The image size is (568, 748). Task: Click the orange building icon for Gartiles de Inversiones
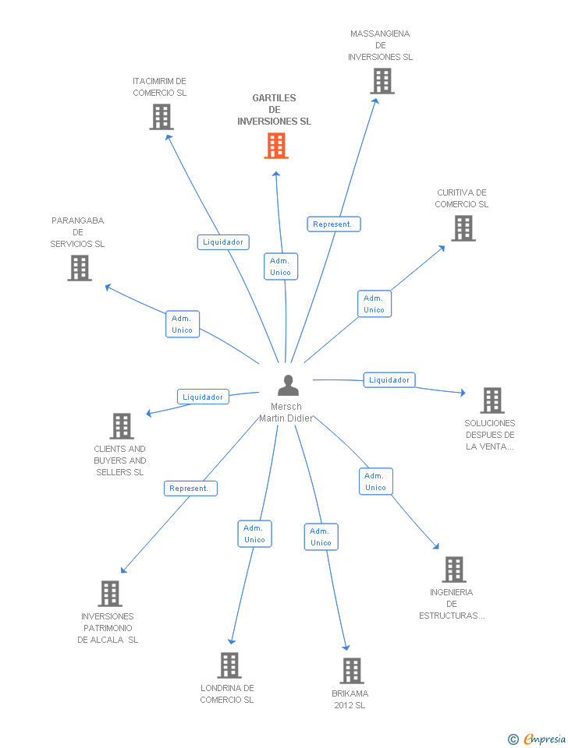(x=276, y=146)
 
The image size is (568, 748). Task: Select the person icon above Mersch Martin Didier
(x=288, y=386)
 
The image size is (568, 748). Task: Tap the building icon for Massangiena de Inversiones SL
(x=382, y=81)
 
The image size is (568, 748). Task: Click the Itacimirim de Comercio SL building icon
(x=161, y=117)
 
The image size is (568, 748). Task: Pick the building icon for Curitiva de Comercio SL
(x=463, y=228)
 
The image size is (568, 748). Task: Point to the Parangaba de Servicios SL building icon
(x=79, y=268)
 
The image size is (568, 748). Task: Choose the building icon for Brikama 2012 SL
(x=352, y=671)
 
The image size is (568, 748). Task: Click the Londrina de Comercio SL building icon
(x=229, y=665)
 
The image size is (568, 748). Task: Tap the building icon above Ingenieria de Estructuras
(x=453, y=570)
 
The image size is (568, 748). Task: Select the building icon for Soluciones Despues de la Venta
(x=492, y=400)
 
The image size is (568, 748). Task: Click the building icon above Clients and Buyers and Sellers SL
(x=122, y=426)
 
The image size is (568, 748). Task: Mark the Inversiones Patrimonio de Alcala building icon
(x=110, y=594)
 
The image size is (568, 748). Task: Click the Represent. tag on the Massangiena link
(x=333, y=224)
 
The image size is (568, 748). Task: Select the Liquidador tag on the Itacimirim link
(x=223, y=242)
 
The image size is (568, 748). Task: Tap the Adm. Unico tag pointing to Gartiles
(x=280, y=266)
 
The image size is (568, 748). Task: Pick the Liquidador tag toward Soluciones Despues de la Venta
(x=389, y=380)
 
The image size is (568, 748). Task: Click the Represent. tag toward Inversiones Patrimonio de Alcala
(x=190, y=489)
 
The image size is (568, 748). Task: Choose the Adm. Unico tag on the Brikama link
(x=321, y=537)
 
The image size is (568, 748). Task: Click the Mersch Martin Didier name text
(x=286, y=412)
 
